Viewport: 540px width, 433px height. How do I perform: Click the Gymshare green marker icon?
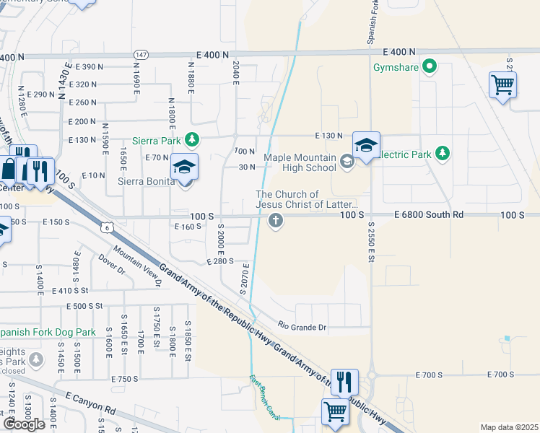click(431, 69)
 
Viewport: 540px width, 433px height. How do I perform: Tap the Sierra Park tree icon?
click(192, 139)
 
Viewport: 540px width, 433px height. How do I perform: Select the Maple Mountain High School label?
click(300, 162)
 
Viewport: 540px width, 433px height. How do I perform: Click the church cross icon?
click(274, 222)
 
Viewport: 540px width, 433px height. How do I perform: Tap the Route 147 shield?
click(141, 54)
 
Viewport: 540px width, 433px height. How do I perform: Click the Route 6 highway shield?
click(108, 228)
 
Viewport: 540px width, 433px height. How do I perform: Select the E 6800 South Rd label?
click(429, 215)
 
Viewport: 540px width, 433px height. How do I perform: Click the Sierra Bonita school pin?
click(184, 169)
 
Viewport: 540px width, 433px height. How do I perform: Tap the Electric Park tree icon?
click(443, 153)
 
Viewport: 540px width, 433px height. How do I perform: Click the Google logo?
click(24, 424)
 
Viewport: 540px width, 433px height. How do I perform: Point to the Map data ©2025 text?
click(509, 427)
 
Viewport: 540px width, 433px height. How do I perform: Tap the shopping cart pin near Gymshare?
click(502, 85)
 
